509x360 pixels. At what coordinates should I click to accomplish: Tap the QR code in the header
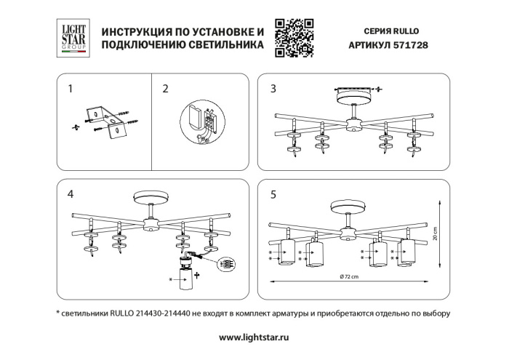point(294,39)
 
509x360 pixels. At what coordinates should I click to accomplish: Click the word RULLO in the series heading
point(407,32)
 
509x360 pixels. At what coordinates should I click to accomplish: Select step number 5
point(273,194)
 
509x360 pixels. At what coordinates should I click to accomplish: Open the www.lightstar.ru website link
point(254,338)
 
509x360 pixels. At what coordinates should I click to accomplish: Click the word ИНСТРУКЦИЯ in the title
point(139,33)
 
